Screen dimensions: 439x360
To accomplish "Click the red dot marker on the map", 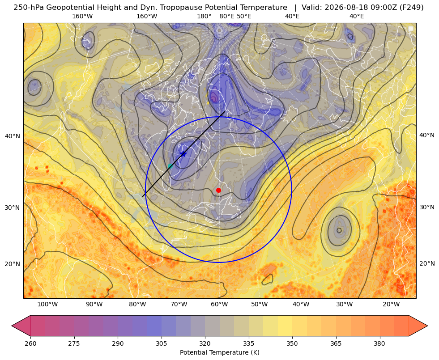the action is (x=219, y=190).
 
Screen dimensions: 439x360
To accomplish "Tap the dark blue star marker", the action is (x=183, y=154).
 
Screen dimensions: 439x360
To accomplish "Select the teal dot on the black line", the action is (x=170, y=166).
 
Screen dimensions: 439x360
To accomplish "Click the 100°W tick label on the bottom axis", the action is (x=47, y=305).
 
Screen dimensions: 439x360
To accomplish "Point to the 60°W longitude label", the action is (x=219, y=305).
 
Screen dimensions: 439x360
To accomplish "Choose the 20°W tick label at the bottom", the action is (x=391, y=305).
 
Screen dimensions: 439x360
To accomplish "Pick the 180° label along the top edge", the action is (x=204, y=16).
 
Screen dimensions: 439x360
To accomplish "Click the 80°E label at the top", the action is (x=226, y=16).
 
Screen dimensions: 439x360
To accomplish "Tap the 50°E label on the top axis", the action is (x=244, y=16).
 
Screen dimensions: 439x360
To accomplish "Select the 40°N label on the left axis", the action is (x=13, y=136).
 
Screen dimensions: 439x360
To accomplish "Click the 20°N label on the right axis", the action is (x=427, y=263).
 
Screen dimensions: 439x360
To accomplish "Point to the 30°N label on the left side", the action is (x=13, y=208).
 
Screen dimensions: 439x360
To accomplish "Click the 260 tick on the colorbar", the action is (x=30, y=343).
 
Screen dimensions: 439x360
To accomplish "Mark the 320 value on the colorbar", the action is (x=205, y=343).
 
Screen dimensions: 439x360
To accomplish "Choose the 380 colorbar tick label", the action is (x=379, y=343).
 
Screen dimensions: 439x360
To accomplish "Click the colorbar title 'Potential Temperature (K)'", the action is (x=219, y=352).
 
